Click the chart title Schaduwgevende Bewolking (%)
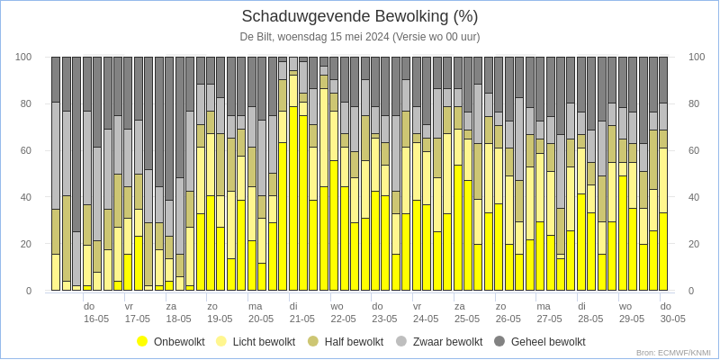[x=360, y=17]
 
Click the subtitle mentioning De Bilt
[x=360, y=38]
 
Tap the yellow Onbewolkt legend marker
[x=142, y=342]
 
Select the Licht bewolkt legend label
[x=264, y=342]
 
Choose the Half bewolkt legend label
[x=354, y=342]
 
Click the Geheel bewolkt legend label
[x=548, y=342]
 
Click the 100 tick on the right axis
[x=697, y=57]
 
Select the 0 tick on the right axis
[x=691, y=291]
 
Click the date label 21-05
[x=301, y=319]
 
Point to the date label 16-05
[x=96, y=319]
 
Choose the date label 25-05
[x=466, y=319]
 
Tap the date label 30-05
[x=672, y=319]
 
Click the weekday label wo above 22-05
[x=336, y=306]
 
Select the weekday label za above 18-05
[x=171, y=306]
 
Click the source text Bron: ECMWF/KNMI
[x=673, y=353]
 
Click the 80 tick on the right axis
[x=694, y=103]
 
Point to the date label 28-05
[x=590, y=319]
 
